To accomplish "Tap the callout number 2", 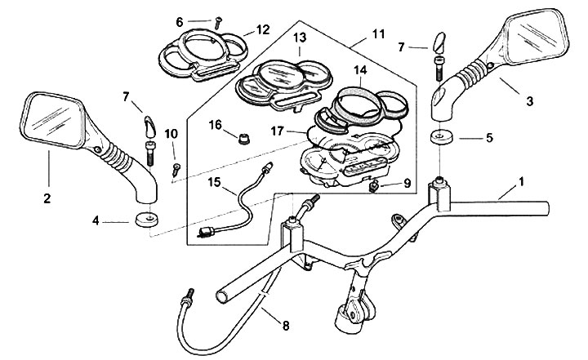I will coord(47,198).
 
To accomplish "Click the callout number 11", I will coord(378,34).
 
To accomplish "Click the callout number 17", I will coord(278,130).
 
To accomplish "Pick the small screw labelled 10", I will coord(175,169).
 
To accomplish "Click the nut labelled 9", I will coord(374,187).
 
